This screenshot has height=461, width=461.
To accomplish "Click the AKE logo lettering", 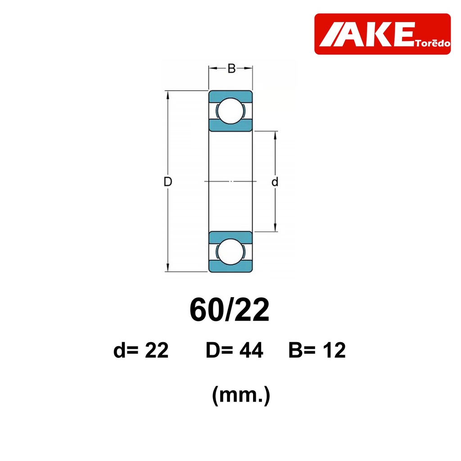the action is coord(367,34).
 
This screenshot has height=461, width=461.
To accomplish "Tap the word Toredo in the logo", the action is coord(433,44).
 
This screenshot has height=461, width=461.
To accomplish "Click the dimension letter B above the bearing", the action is coord(231,68).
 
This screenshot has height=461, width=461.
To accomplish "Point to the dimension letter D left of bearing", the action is coord(167,182).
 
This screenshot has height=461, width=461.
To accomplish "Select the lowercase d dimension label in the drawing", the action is coord(275,182).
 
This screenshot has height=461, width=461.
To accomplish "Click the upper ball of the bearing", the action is coord(231,111).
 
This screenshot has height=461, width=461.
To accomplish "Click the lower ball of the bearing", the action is coord(231,252).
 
